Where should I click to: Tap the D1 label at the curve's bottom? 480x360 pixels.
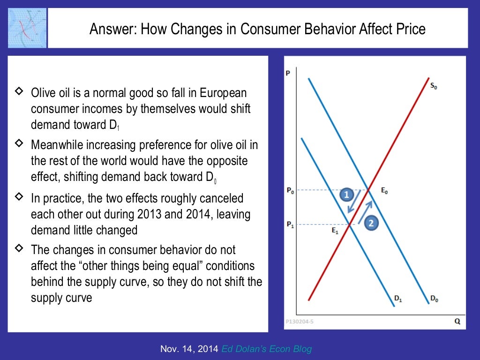coord(398,298)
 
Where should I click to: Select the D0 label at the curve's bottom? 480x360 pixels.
coord(434,298)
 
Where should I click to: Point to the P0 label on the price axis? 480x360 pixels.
coord(291,190)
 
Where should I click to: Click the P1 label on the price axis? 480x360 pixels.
coord(291,225)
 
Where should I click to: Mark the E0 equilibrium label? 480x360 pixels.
coord(384,190)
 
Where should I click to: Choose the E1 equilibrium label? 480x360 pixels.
coord(335,230)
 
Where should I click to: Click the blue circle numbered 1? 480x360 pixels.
coord(346,194)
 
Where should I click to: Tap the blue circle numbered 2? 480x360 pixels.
coord(370,223)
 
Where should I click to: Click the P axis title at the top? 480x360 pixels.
coord(287,73)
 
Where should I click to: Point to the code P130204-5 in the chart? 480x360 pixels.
coord(300,322)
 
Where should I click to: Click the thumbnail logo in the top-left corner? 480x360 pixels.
coord(27,28)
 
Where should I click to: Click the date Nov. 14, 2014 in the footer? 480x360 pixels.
coord(189,349)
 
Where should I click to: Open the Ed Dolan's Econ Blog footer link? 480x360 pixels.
coord(267,349)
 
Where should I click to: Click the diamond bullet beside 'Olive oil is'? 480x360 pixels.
coord(19,91)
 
